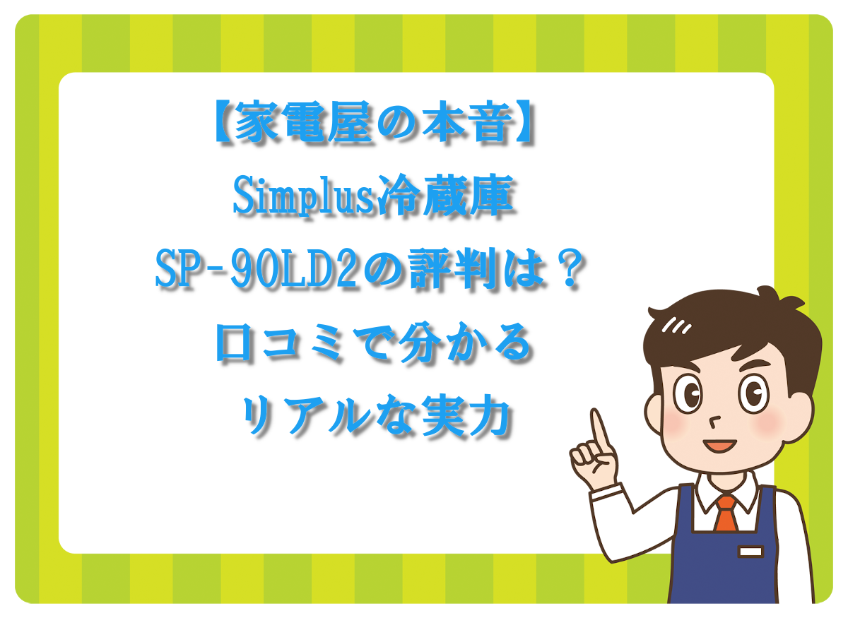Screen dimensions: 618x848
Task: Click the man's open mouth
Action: [x=719, y=446]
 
